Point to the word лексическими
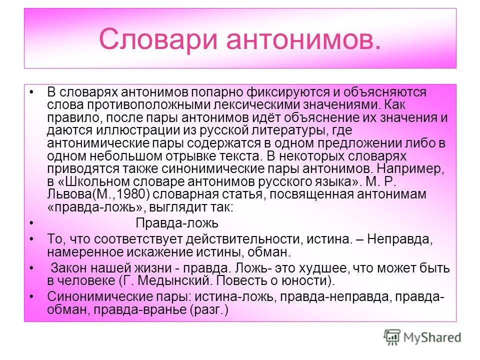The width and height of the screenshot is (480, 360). pos(256,105)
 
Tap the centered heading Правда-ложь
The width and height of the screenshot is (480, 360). pos(177,223)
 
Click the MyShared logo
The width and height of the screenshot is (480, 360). pos(422,337)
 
